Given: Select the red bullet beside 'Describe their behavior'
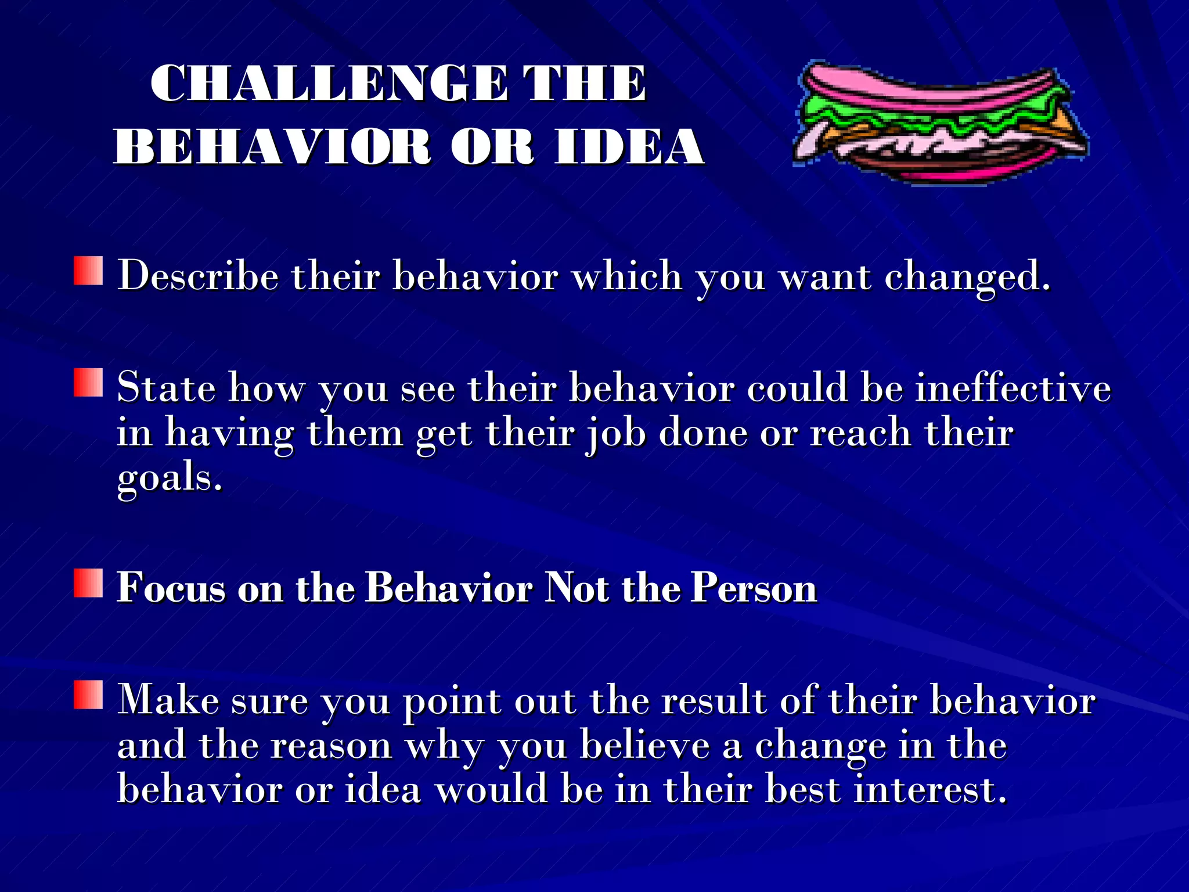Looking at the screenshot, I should tap(88, 271).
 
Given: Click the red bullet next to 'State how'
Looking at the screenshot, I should tap(88, 383).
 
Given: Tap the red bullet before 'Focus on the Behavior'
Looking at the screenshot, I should tap(88, 583).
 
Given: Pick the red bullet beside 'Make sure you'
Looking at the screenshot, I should tap(88, 695).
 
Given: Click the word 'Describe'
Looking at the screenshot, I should tap(198, 275).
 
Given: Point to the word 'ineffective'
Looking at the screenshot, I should tap(1013, 387).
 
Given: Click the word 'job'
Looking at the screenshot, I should tap(615, 434).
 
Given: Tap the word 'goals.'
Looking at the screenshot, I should tap(170, 479).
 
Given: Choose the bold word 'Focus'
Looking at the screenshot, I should tap(171, 587).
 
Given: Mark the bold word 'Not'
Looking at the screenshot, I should tap(577, 587).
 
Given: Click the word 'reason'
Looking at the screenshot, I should tap(331, 746).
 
